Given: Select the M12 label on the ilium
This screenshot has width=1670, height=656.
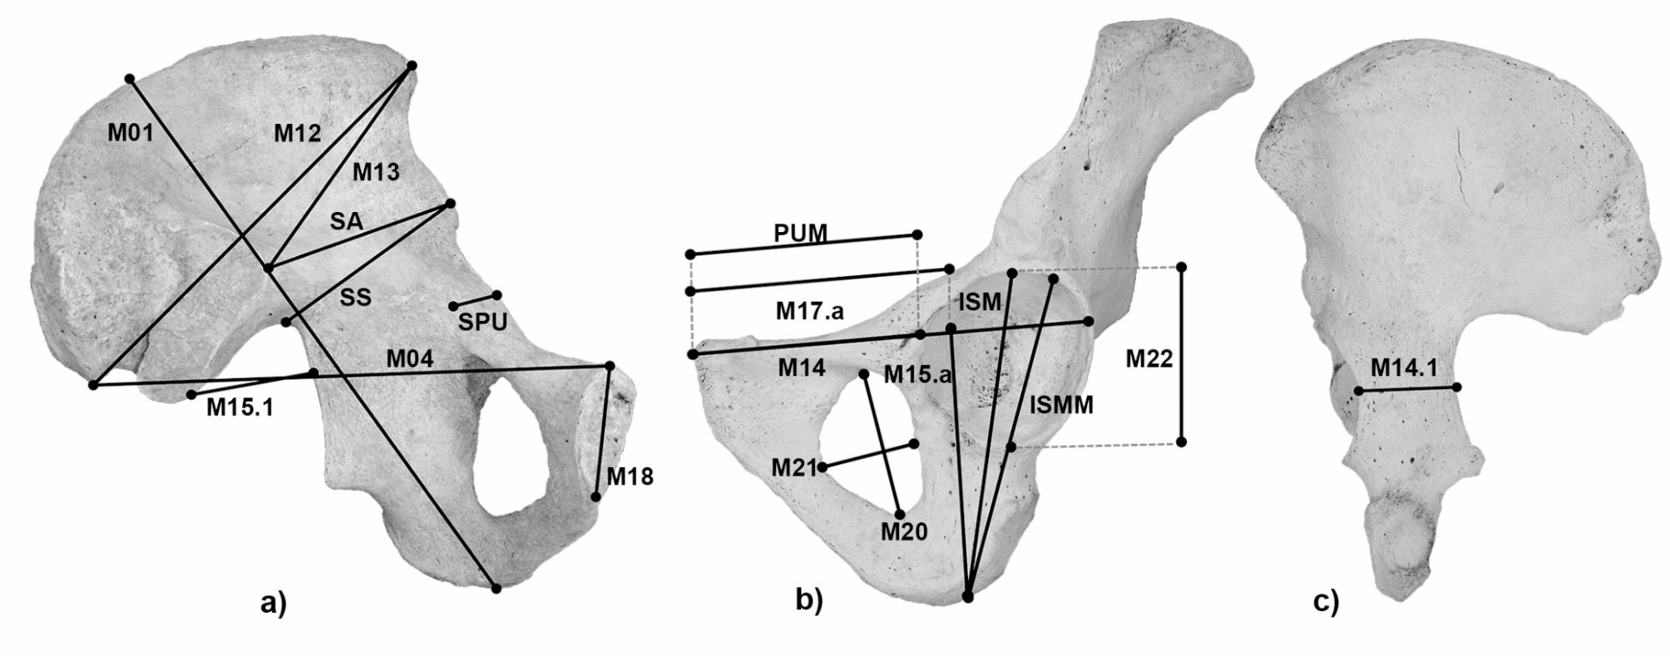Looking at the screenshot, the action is (297, 132).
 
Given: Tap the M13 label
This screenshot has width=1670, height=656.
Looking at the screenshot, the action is (376, 172).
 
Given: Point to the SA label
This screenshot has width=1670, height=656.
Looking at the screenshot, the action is (346, 221).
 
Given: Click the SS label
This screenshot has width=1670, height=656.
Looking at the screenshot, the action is (355, 297).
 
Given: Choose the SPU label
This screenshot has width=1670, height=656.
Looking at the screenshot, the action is (482, 323).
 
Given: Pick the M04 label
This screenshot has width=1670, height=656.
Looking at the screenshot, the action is (409, 359).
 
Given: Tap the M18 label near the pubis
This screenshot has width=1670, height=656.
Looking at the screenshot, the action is (630, 476).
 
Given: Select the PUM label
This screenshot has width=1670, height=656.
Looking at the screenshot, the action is (800, 233).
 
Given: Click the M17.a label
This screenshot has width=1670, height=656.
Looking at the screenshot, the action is (809, 311).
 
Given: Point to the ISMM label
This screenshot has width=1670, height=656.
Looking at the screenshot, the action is (1061, 405).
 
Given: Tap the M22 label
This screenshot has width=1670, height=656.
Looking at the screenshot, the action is (1149, 358).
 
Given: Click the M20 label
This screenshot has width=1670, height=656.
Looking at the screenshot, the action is (904, 531).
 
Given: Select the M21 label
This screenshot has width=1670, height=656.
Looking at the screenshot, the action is (793, 466).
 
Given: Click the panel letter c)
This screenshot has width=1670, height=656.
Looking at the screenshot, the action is (1326, 602).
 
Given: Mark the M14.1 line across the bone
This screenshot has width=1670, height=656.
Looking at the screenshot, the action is (1407, 388).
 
